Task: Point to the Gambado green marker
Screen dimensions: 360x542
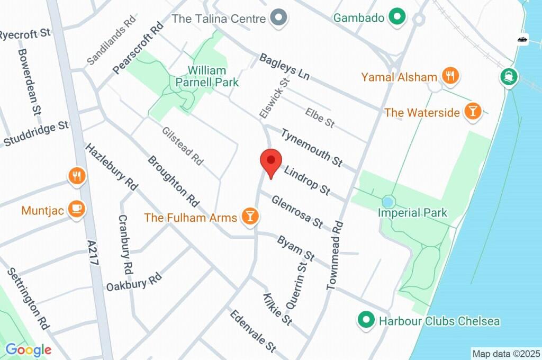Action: click(395, 17)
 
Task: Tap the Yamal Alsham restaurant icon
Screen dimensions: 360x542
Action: click(450, 76)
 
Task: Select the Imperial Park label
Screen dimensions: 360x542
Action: click(412, 213)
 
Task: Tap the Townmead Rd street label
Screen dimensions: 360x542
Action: click(336, 255)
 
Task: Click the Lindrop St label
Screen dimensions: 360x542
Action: click(307, 180)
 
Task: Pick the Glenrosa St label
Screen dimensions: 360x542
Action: click(297, 212)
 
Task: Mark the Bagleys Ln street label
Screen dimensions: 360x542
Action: click(284, 67)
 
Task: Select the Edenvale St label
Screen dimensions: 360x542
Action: click(253, 331)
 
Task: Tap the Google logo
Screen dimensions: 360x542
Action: click(28, 349)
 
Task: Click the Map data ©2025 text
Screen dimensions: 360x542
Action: click(506, 353)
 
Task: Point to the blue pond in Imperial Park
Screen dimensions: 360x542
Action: click(389, 202)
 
